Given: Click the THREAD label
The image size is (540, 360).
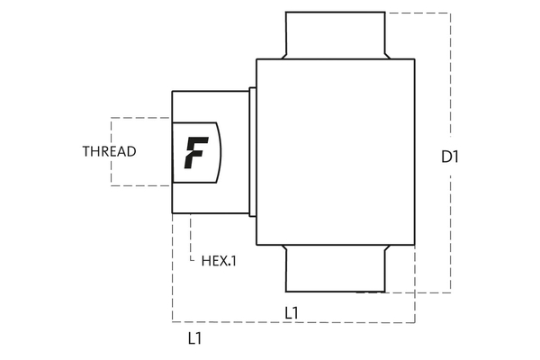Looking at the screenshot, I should click(x=109, y=151).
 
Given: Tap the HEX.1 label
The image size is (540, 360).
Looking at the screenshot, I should click(x=220, y=261).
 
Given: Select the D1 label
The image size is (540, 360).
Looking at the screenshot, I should click(x=450, y=157).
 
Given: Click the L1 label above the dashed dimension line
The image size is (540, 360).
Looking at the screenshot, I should click(x=292, y=312).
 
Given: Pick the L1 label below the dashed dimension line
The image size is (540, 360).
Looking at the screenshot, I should click(x=194, y=339).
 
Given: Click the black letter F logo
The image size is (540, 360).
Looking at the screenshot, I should click(x=193, y=152).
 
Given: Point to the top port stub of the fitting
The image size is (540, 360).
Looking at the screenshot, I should click(x=335, y=35).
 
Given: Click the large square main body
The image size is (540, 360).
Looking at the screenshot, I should click(x=335, y=151).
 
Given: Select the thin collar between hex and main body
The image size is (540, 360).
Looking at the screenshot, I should click(x=253, y=151).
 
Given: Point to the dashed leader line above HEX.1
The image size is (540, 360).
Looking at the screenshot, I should click(x=192, y=236).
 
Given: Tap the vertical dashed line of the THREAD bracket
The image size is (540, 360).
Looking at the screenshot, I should click(x=112, y=151).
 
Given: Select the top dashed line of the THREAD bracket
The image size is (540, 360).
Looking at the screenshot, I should click(x=140, y=118).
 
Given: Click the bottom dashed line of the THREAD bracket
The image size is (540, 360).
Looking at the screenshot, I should click(x=140, y=185).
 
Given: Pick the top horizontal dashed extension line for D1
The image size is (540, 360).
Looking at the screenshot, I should click(x=418, y=13).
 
